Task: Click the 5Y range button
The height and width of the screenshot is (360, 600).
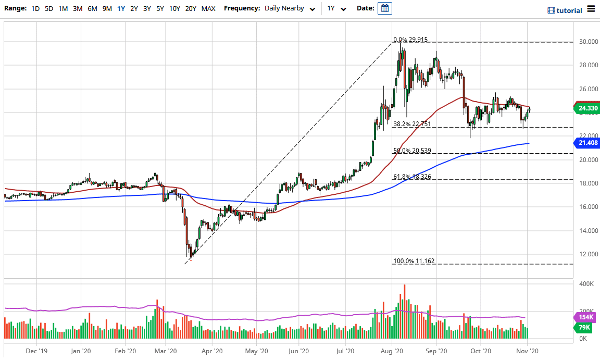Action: click(159, 8)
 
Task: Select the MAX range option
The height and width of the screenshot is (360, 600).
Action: click(208, 8)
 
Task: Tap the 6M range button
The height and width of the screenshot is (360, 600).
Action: click(92, 8)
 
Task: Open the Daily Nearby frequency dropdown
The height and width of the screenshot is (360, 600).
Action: click(290, 8)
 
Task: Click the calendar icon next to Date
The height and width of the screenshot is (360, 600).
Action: click(385, 8)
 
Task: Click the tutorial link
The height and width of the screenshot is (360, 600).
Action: click(565, 10)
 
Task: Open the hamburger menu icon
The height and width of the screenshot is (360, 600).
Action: click(591, 8)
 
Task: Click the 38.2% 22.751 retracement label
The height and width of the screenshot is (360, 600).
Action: click(411, 124)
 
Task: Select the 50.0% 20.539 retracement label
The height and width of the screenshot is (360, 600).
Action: click(411, 151)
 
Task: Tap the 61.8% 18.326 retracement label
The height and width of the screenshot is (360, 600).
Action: click(411, 177)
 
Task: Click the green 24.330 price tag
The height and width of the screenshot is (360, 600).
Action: click(587, 108)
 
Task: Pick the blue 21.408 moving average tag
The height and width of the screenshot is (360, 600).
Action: click(587, 142)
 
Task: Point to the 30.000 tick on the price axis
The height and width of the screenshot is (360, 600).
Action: click(588, 42)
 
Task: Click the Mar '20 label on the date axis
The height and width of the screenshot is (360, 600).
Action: click(167, 351)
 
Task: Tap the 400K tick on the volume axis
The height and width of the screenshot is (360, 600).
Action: click(587, 284)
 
